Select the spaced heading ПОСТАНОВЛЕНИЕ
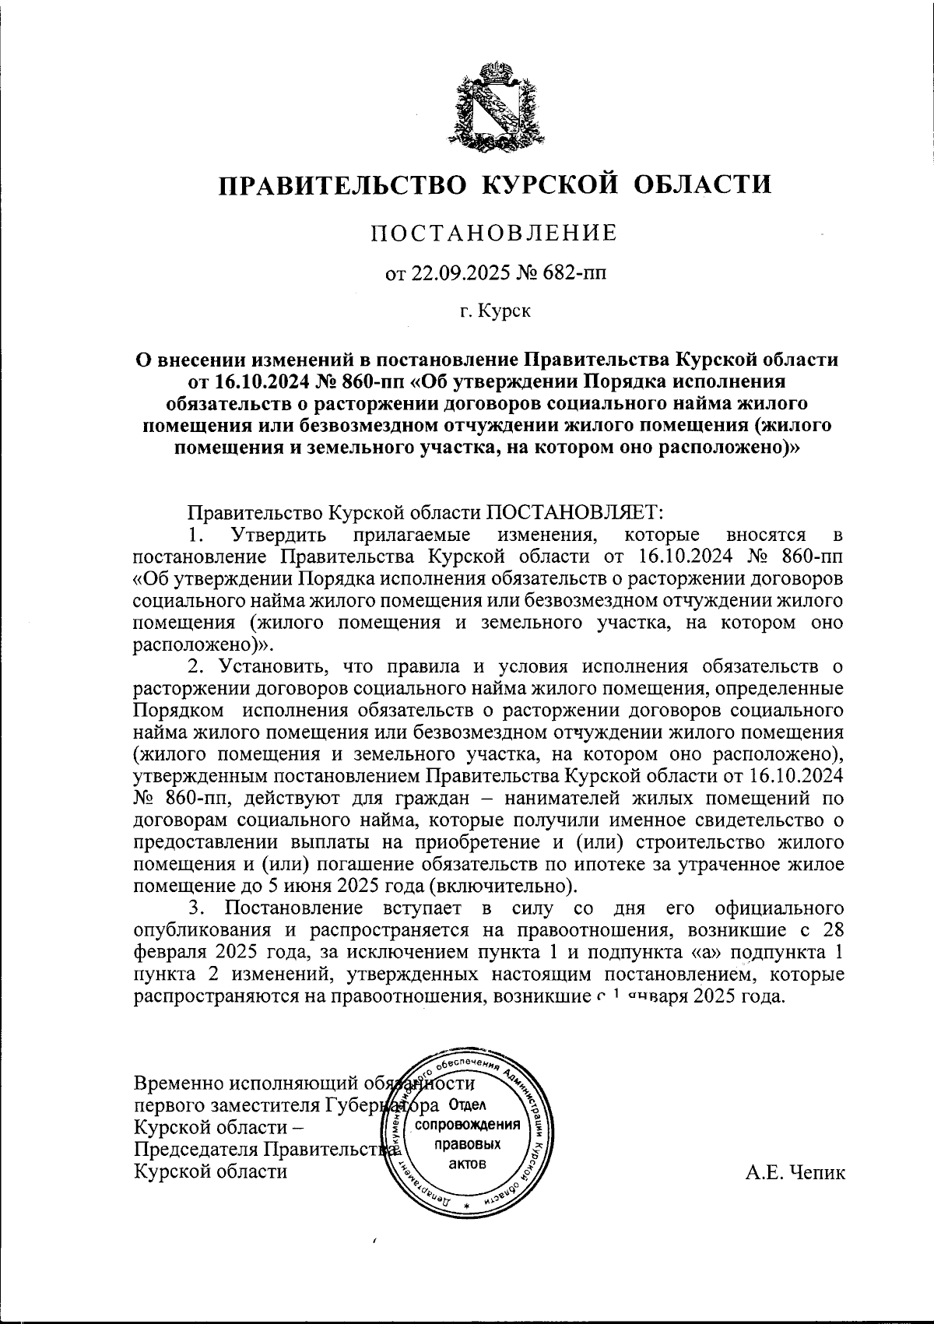[x=493, y=234]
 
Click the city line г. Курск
[x=494, y=312]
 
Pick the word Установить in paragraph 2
[x=269, y=666]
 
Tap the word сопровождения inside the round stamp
[x=467, y=1126]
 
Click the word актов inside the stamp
[x=467, y=1164]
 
